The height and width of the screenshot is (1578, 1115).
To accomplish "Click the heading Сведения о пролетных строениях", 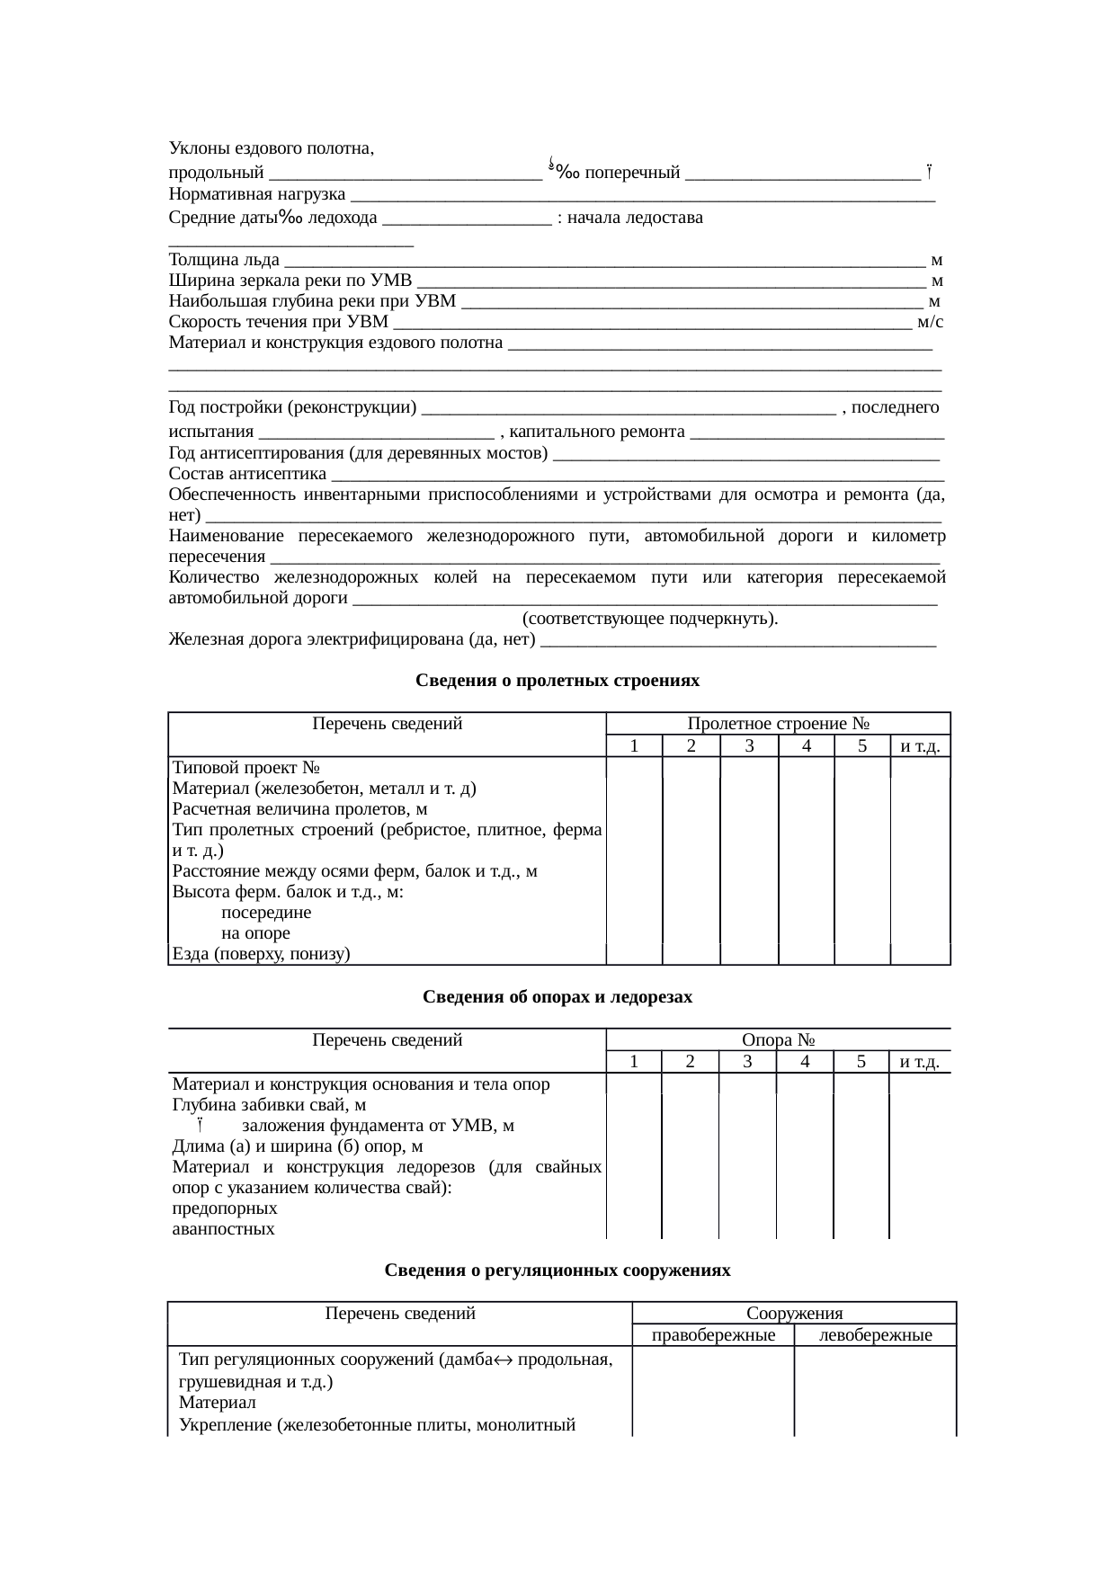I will point(557,681).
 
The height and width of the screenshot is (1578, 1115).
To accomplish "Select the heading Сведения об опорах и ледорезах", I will point(557,997).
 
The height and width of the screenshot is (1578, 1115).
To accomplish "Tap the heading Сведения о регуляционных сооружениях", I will point(557,1270).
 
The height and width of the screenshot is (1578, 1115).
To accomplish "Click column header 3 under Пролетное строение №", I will point(748,745).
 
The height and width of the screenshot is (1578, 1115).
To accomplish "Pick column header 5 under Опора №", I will point(861,1062).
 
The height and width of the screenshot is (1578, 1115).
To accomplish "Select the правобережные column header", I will point(713,1335).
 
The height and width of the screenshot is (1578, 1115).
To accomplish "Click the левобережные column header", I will point(876,1335).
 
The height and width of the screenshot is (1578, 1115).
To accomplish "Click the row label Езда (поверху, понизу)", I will point(261,953).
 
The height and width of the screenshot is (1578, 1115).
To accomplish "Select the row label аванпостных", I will point(224,1228).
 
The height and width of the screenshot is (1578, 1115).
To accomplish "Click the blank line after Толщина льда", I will point(602,262).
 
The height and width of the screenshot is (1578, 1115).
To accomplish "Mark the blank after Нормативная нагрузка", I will point(643,196).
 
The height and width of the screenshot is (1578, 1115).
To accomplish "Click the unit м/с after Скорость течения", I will point(930,322).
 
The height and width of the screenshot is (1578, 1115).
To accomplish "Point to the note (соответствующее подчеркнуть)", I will point(650,619).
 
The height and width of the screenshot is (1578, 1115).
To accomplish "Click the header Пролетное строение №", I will point(778,724).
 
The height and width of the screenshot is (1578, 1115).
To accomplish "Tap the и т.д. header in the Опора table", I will point(920,1062).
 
